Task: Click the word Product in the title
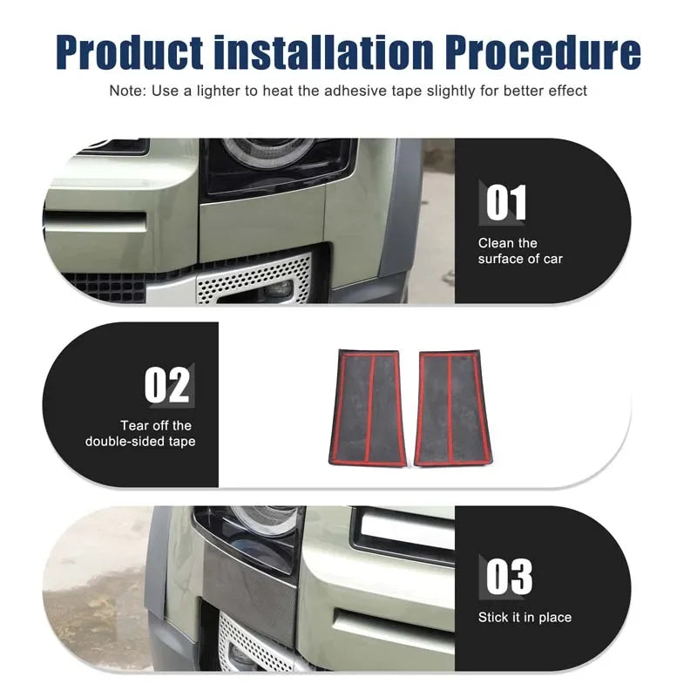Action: (x=130, y=52)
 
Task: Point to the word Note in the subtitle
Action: (x=126, y=91)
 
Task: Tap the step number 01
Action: (x=506, y=203)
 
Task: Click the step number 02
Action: (x=166, y=384)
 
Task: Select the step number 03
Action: (x=509, y=577)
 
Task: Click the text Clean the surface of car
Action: (x=520, y=251)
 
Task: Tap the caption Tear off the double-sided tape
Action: (x=140, y=433)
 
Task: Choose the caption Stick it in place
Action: (x=524, y=618)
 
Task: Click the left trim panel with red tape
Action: (x=368, y=408)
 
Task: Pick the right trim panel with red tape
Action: (x=453, y=408)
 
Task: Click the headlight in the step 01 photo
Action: (x=278, y=165)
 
